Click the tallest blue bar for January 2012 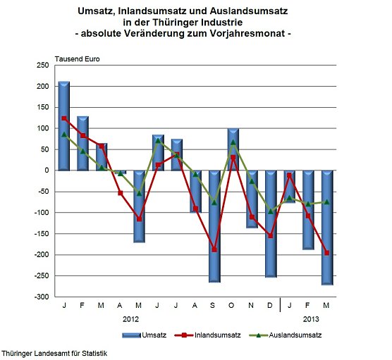[x=63, y=125]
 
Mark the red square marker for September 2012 [x=214, y=249]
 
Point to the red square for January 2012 [x=63, y=118]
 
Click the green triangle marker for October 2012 [x=233, y=142]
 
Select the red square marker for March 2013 [x=327, y=253]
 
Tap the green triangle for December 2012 [x=271, y=211]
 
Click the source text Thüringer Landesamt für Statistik [x=55, y=352]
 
